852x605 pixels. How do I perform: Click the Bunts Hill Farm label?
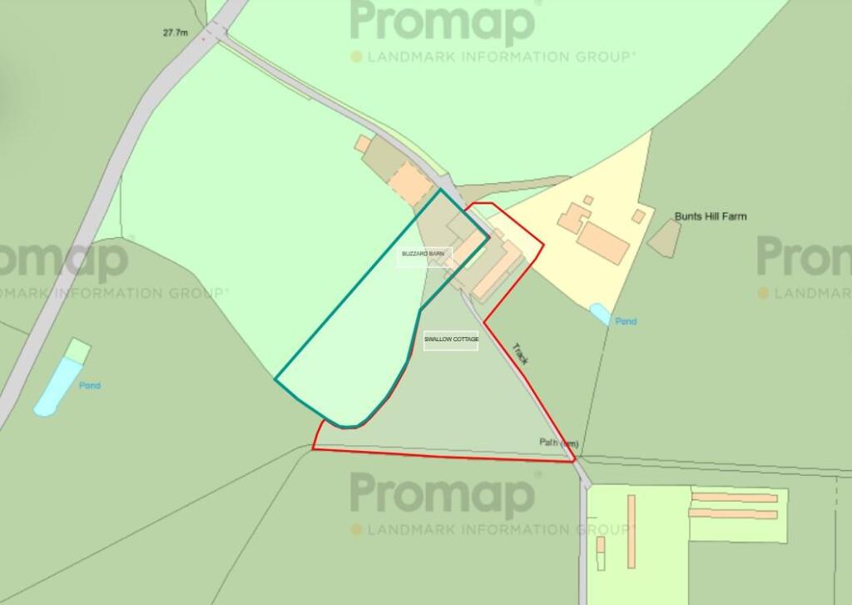(710, 216)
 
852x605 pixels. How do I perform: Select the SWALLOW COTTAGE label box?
(451, 340)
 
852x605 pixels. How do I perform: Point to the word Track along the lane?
(521, 355)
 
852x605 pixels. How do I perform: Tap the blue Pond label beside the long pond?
(90, 385)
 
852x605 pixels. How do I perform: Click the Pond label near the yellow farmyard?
(626, 321)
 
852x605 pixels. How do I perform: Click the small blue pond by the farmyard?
(599, 314)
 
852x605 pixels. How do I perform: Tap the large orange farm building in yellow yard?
(602, 241)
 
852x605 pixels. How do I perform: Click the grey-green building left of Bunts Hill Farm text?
(664, 239)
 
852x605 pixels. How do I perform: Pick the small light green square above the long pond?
(77, 350)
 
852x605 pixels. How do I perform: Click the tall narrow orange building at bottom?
(632, 520)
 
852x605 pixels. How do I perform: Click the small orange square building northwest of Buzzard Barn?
(363, 144)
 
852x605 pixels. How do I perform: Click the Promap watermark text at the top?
(443, 23)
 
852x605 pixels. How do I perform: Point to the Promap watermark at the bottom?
(443, 495)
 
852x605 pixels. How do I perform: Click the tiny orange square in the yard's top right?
(638, 216)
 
